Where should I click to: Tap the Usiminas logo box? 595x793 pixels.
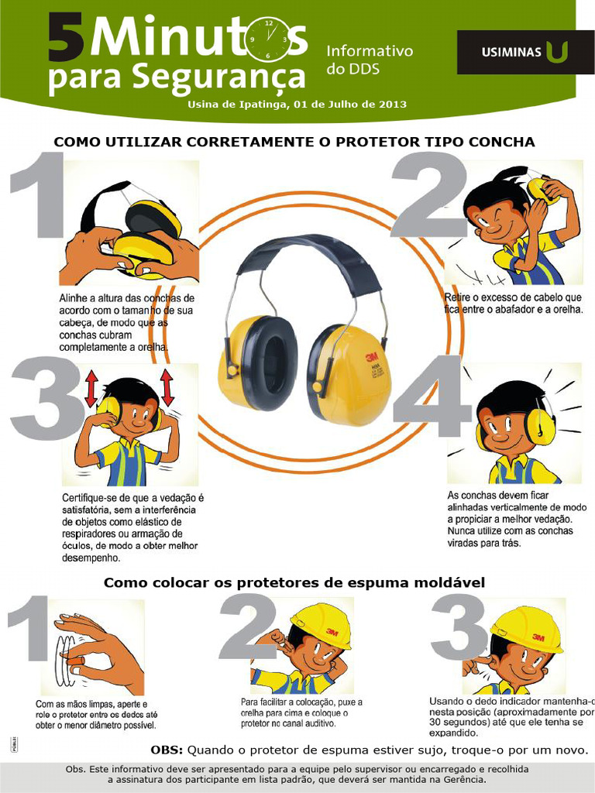coord(525,52)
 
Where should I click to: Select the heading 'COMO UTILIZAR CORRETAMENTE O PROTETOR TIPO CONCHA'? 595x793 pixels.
coord(294,142)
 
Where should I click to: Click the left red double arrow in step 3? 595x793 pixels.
coord(91,386)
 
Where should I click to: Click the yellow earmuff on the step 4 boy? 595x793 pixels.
coord(541,427)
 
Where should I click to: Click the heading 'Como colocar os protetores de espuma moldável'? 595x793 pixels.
coord(294,582)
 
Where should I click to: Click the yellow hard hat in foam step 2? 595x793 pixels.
coord(321,624)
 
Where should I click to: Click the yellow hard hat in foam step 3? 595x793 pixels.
coord(526,628)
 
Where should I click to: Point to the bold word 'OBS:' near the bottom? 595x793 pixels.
coord(167,750)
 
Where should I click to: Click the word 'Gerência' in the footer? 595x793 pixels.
coord(463,780)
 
